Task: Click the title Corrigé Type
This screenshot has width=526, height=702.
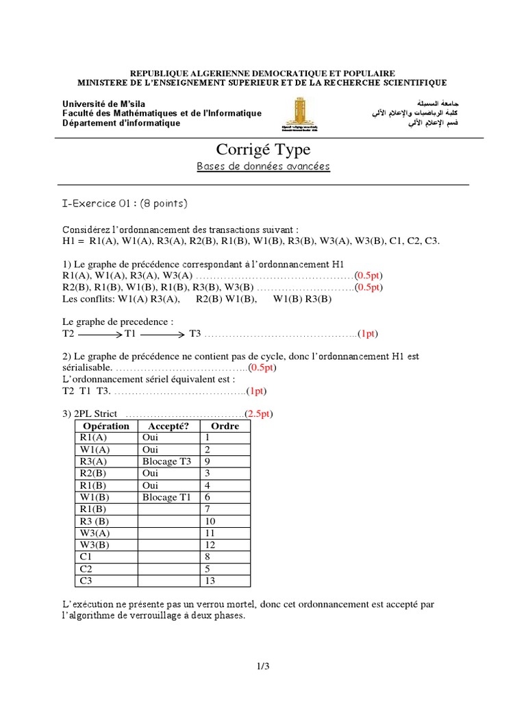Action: click(262, 149)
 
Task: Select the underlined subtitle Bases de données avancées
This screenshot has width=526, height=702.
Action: click(263, 167)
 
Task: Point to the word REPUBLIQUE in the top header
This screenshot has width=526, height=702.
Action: click(162, 73)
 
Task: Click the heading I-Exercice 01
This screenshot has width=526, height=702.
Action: click(100, 203)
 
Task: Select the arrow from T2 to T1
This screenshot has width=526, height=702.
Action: click(100, 334)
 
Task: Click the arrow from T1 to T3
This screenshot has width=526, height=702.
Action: click(162, 334)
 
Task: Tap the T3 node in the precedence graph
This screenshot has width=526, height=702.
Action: click(195, 334)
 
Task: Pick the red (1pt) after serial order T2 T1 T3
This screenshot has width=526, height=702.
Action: click(256, 391)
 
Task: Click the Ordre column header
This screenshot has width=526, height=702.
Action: click(225, 426)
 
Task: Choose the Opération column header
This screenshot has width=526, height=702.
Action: click(105, 426)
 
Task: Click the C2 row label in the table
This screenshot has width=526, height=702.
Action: click(86, 569)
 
